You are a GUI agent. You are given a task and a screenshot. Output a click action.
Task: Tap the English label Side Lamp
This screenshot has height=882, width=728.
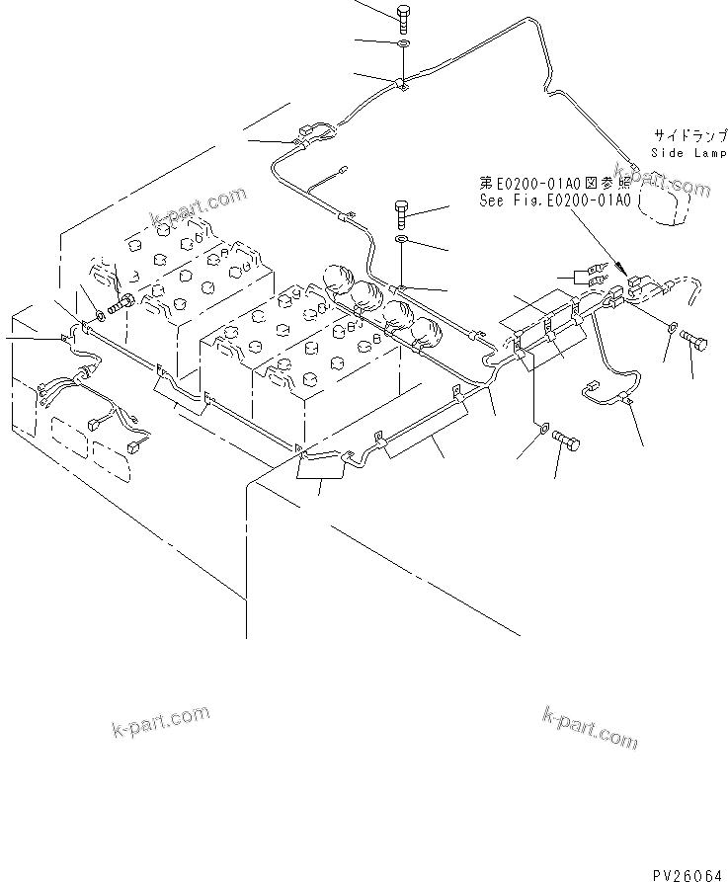(x=688, y=153)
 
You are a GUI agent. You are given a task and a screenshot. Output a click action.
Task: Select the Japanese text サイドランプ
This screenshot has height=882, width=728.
(x=688, y=134)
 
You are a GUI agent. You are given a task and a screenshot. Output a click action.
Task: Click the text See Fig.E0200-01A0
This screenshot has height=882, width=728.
(x=554, y=200)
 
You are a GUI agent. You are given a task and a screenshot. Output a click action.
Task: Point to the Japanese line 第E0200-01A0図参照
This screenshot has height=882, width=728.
(x=554, y=183)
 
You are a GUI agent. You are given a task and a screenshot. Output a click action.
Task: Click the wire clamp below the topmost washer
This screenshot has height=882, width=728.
(x=403, y=84)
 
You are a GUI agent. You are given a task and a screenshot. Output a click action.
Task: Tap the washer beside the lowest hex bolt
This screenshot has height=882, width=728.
(x=542, y=428)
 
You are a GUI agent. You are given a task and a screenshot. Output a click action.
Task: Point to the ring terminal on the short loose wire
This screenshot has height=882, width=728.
(x=341, y=170)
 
